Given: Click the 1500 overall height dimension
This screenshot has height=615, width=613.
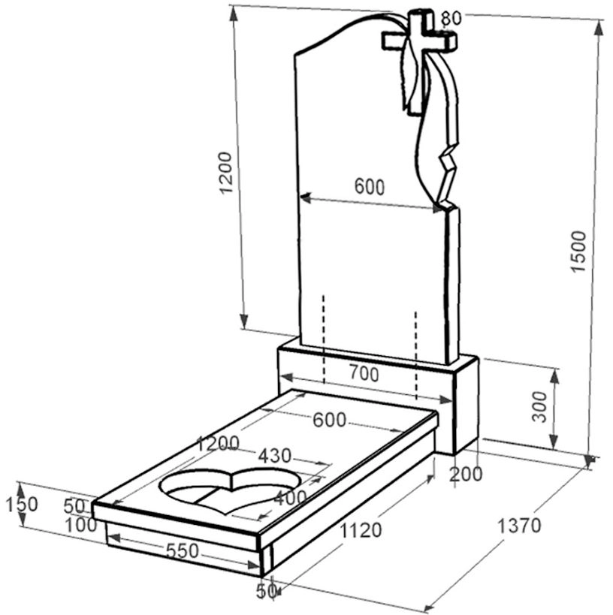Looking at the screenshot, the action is tap(578, 252).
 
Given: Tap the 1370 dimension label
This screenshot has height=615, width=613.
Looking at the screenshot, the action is tap(519, 525).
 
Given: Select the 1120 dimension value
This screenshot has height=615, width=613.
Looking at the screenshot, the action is tap(361, 530).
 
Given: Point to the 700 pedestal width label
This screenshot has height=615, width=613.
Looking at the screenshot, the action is tap(364, 374).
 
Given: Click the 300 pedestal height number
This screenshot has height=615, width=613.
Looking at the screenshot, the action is tap(539, 407).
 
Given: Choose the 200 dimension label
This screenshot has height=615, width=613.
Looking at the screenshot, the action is tap(466, 474).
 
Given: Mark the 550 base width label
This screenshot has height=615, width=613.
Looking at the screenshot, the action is tap(183, 550).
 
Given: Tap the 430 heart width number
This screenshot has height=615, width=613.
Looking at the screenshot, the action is tap(275, 456).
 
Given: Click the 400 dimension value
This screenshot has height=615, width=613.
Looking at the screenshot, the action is tap(290, 498).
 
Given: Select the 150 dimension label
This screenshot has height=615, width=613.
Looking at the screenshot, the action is tap(22, 505).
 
